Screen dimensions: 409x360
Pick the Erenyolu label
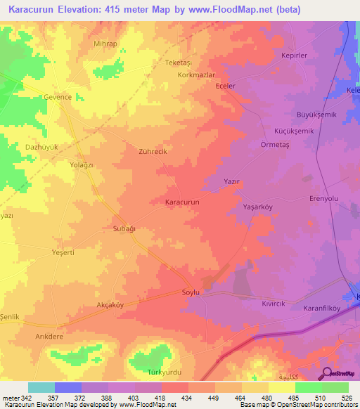pyautogui.click(x=324, y=199)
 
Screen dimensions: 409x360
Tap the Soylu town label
pyautogui.click(x=191, y=292)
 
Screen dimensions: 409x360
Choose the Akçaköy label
pyautogui.click(x=110, y=305)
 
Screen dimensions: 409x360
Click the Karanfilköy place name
pyautogui.click(x=322, y=307)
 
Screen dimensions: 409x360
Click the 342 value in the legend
pyautogui.click(x=27, y=398)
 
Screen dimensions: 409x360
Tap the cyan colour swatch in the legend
pyautogui.click(x=41, y=387)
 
